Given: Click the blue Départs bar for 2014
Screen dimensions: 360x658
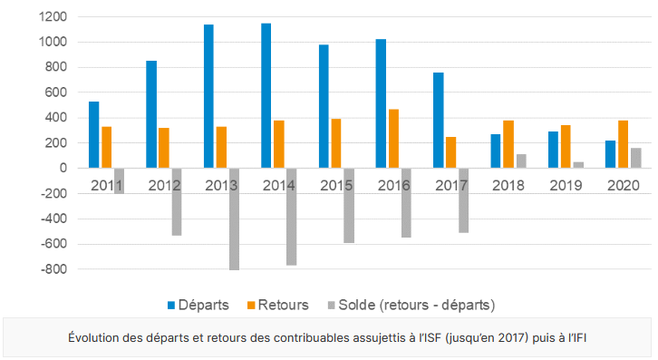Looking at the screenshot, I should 266,95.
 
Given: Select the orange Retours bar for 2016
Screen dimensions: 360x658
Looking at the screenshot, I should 394,139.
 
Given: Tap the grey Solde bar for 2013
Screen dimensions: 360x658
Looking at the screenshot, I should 234,219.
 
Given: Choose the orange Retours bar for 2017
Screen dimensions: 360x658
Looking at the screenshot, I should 451,152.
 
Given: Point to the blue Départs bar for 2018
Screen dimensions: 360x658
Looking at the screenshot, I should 496,151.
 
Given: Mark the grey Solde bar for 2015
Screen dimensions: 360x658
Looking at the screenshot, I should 349,205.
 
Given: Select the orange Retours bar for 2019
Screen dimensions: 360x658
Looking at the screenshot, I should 566,146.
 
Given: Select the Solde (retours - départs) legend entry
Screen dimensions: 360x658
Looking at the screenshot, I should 411,304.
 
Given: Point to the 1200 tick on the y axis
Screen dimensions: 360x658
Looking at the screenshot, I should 53,16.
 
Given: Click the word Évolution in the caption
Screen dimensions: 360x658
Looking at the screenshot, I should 96,337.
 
